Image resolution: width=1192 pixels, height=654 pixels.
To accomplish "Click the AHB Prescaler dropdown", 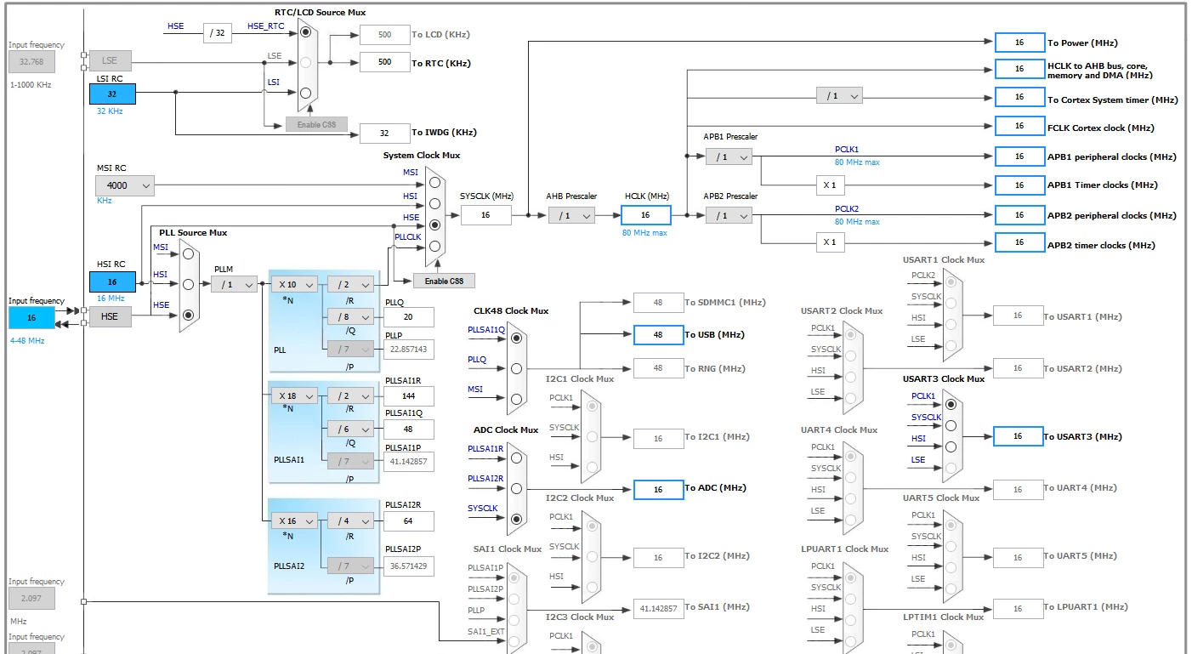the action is coord(571,215).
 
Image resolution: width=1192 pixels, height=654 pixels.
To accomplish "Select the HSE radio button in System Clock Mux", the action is coord(434,225).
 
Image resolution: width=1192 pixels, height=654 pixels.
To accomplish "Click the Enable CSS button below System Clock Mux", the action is coord(444,281).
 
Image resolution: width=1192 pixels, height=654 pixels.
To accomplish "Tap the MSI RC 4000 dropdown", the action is coord(124,185).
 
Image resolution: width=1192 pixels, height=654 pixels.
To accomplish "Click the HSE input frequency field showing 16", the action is coord(31,318).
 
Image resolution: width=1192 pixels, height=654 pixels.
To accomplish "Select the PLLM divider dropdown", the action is coord(234,285).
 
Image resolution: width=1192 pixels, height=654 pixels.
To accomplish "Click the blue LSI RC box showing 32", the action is coord(112,94).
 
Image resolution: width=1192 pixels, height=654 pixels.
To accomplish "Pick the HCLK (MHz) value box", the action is coord(645,215).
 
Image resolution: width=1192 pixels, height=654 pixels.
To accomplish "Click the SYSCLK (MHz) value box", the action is coord(485,215).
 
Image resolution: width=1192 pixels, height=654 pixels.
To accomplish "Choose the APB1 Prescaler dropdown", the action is coord(729,157).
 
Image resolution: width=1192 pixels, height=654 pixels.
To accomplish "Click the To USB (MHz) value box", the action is coord(658,335).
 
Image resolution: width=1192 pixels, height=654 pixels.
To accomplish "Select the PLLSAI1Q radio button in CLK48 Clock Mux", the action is coord(516,338).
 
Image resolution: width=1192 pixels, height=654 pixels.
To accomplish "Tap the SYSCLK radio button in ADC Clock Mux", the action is coord(516,519).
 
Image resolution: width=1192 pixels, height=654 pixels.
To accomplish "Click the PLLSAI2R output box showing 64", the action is coord(408,521).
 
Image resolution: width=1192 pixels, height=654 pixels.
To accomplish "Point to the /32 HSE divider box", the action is coord(217,33).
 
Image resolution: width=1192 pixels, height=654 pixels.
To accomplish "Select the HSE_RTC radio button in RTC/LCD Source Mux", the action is coord(305,32).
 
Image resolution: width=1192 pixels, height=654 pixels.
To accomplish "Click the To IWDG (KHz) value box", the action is coord(384,133).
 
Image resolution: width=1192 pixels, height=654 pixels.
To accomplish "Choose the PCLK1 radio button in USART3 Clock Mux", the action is coord(951,405).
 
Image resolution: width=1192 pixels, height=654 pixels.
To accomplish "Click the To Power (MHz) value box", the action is coord(1019,43).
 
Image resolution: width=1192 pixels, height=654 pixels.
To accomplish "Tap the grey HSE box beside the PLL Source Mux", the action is coord(111,316).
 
